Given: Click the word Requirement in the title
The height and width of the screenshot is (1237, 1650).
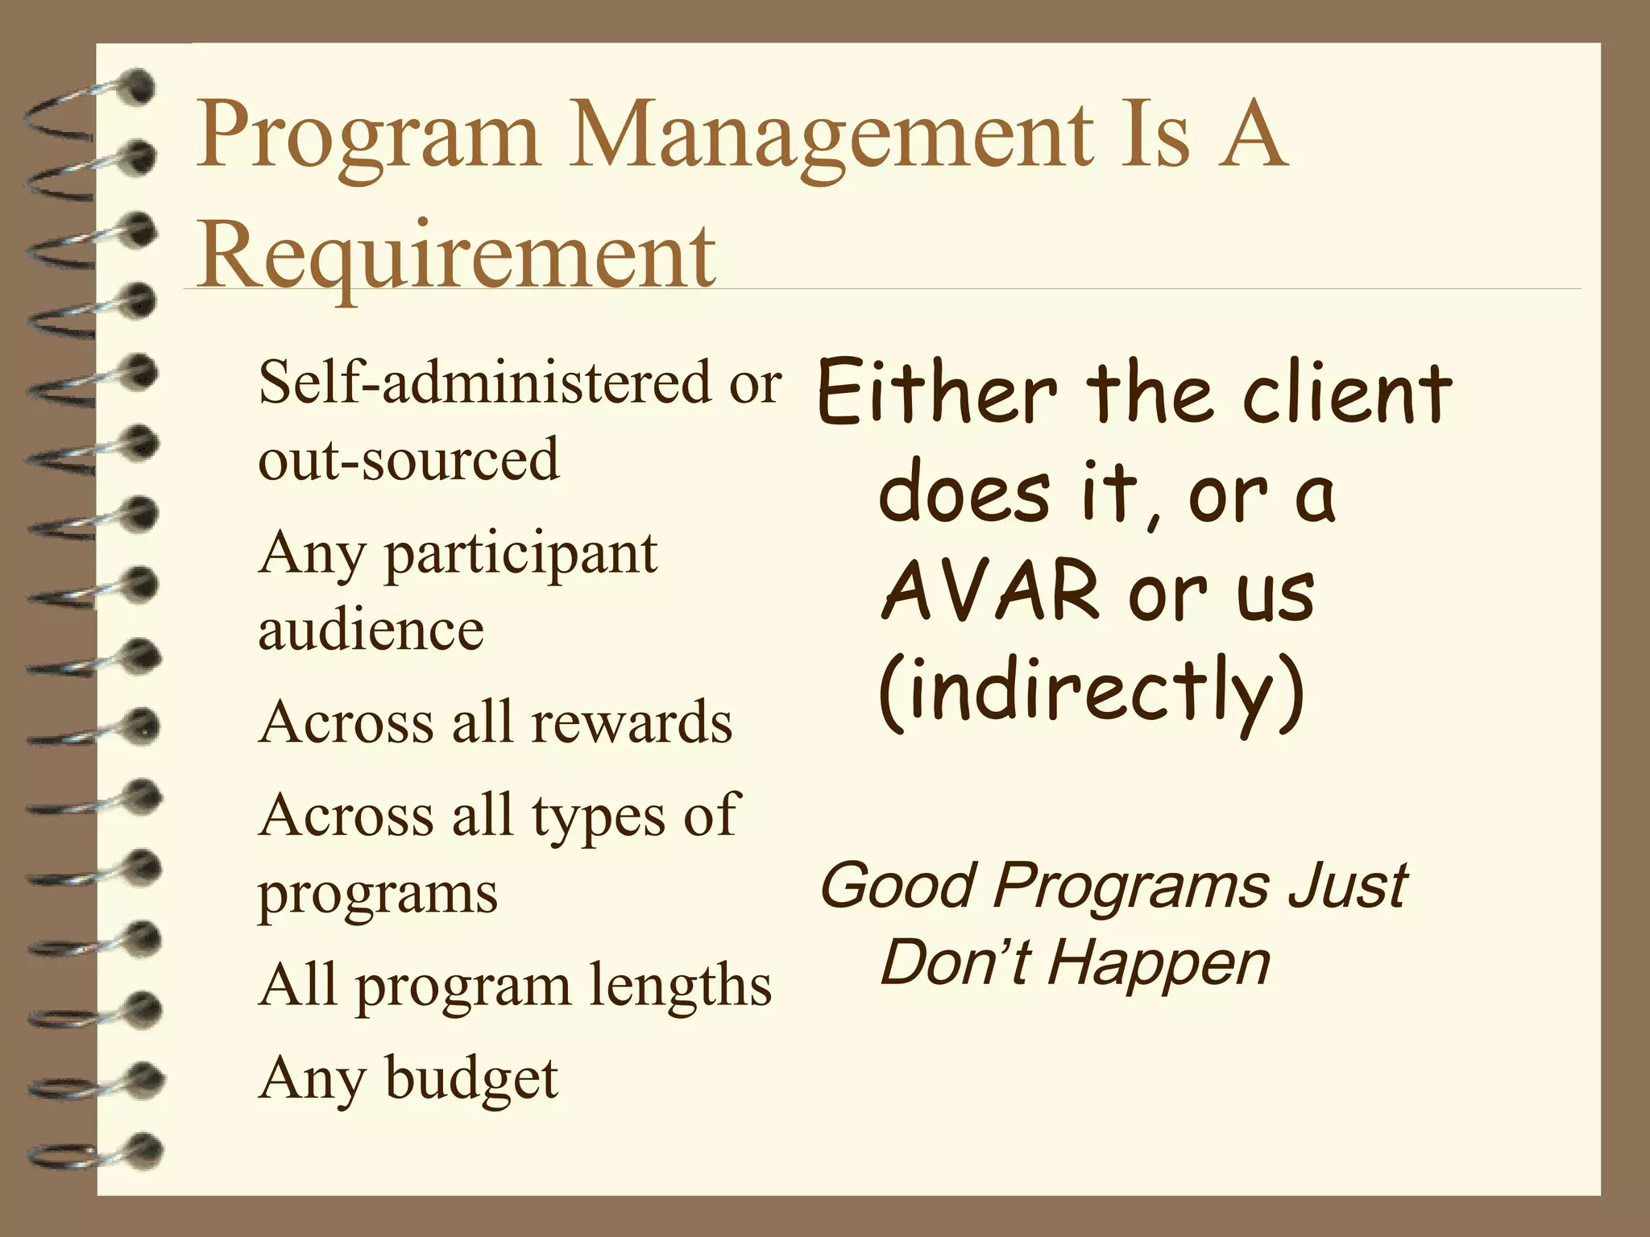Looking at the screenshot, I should [456, 255].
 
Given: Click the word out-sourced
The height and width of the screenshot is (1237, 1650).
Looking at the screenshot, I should [408, 459].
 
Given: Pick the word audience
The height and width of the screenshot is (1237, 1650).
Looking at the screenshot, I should [371, 630].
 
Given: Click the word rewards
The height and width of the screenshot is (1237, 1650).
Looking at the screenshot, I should [632, 722].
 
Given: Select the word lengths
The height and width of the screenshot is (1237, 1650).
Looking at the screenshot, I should [679, 986].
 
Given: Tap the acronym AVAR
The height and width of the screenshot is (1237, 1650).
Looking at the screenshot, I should [991, 591].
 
